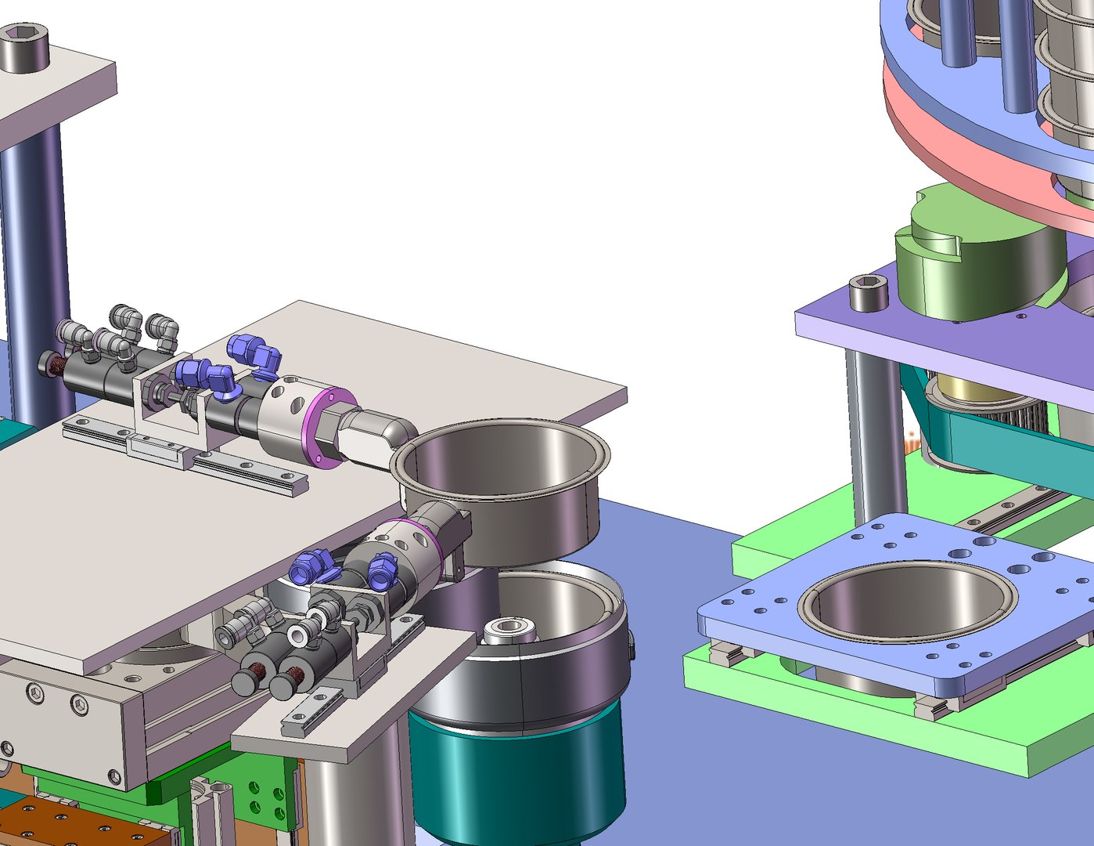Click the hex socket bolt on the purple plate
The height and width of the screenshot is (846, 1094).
tap(869, 294)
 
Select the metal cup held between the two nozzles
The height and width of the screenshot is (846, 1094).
tap(501, 486)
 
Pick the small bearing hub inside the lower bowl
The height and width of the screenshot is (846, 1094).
tap(509, 628)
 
